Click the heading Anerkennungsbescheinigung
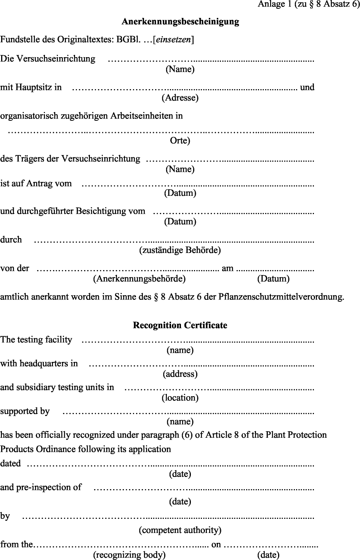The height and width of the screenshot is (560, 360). click(x=180, y=22)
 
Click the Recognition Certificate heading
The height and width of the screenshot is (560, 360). click(x=180, y=325)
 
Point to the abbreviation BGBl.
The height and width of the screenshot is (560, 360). click(x=130, y=40)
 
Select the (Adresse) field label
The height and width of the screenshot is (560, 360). click(x=180, y=98)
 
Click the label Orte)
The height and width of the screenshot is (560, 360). click(x=180, y=141)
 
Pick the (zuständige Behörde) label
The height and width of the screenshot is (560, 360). click(x=180, y=250)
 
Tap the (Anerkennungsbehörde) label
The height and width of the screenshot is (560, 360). click(x=139, y=279)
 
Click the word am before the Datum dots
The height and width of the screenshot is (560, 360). click(x=227, y=268)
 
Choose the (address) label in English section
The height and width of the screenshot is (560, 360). click(x=180, y=374)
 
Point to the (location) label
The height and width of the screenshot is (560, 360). click(x=180, y=398)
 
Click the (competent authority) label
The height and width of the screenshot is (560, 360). click(x=180, y=530)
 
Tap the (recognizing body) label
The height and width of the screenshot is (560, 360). click(x=130, y=555)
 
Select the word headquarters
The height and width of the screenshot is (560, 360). click(x=43, y=363)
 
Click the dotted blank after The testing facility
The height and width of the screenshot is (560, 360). click(x=198, y=340)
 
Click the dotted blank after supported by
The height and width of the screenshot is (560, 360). click(x=188, y=412)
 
